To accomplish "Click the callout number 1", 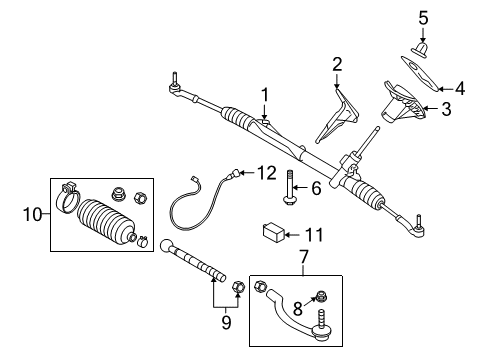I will [x=265, y=95].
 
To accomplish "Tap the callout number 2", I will [x=338, y=64].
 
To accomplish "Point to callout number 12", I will [x=265, y=172].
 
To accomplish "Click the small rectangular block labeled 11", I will [x=274, y=234].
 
